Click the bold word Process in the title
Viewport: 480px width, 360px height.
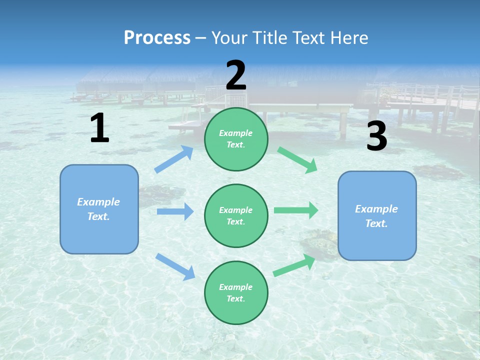tap(157, 37)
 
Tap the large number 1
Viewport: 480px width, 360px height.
tap(99, 128)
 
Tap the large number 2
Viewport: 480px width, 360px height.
tap(236, 75)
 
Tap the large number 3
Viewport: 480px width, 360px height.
tap(376, 136)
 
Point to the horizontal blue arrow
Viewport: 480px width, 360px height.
tap(175, 211)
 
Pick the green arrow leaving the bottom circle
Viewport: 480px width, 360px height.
tap(294, 265)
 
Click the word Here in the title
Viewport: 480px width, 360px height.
tap(348, 37)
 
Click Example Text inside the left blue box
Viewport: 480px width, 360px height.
tap(98, 209)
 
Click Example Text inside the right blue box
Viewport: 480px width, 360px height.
tap(376, 216)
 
